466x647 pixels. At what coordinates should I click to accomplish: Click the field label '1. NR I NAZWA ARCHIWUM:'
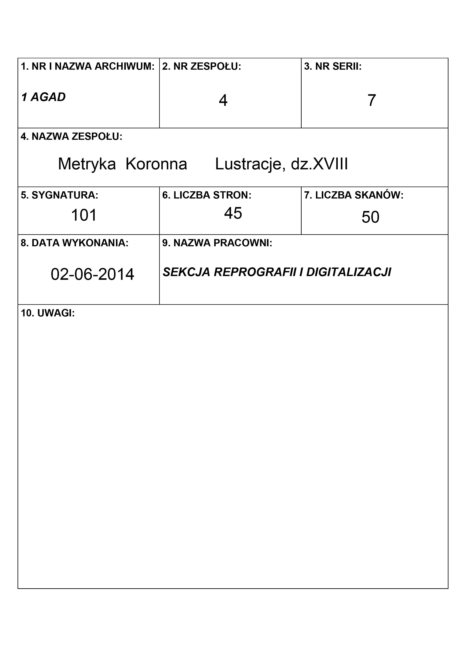88,66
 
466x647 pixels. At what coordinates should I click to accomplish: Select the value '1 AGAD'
43,97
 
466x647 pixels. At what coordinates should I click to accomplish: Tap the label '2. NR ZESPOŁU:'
201,66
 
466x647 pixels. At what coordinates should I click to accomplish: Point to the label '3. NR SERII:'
333,66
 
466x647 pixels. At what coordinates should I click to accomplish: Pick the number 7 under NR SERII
372,100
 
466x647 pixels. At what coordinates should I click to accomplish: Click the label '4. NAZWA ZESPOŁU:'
71,137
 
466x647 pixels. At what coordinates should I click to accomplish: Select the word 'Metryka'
87,164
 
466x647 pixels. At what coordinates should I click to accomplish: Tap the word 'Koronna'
156,164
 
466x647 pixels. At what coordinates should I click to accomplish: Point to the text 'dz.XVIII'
319,164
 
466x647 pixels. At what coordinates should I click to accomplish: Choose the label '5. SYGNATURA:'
59,195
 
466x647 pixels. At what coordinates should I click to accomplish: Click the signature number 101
84,215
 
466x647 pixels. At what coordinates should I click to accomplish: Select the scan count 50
370,217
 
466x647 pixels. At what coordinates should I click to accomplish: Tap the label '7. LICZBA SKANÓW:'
354,195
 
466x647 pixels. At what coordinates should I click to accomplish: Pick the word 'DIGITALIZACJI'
349,272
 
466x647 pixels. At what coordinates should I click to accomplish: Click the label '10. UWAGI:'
48,313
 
